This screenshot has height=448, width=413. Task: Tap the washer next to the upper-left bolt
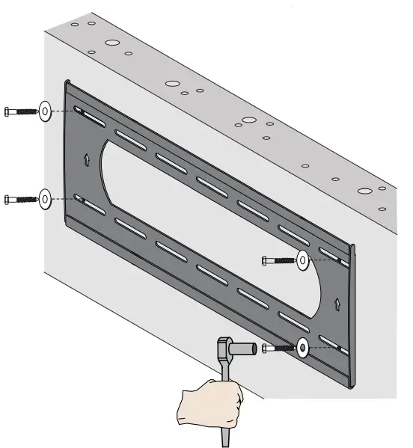click(45, 111)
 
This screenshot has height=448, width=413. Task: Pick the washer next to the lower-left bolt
click(45, 199)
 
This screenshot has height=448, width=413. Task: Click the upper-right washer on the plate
click(303, 260)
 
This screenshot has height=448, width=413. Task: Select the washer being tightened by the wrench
click(302, 346)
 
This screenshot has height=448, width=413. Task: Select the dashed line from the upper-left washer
click(64, 111)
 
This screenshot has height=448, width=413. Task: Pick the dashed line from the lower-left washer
click(64, 199)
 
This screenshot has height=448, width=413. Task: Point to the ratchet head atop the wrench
click(223, 347)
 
